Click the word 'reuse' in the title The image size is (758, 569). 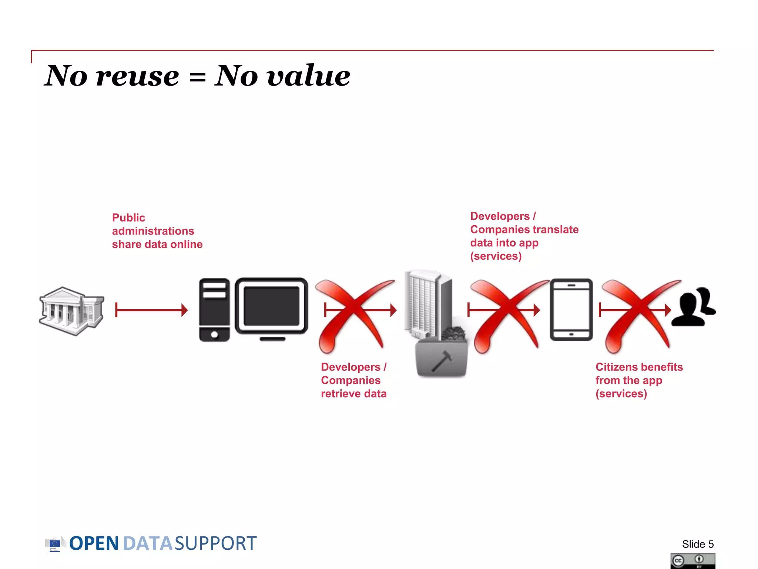coord(137,76)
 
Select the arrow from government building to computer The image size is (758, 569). coord(151,310)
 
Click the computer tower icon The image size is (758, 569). coord(214,310)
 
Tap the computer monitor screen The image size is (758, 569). coord(271,306)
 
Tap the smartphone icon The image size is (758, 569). coord(571,310)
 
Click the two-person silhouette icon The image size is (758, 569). coord(693,307)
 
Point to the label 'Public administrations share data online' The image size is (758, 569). coord(157,231)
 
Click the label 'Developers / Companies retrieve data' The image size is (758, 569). coord(353,380)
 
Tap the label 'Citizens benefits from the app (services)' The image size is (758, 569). coord(639,380)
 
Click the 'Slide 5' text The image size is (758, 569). coord(698,544)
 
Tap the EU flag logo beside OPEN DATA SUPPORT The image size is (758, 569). coord(55,544)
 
